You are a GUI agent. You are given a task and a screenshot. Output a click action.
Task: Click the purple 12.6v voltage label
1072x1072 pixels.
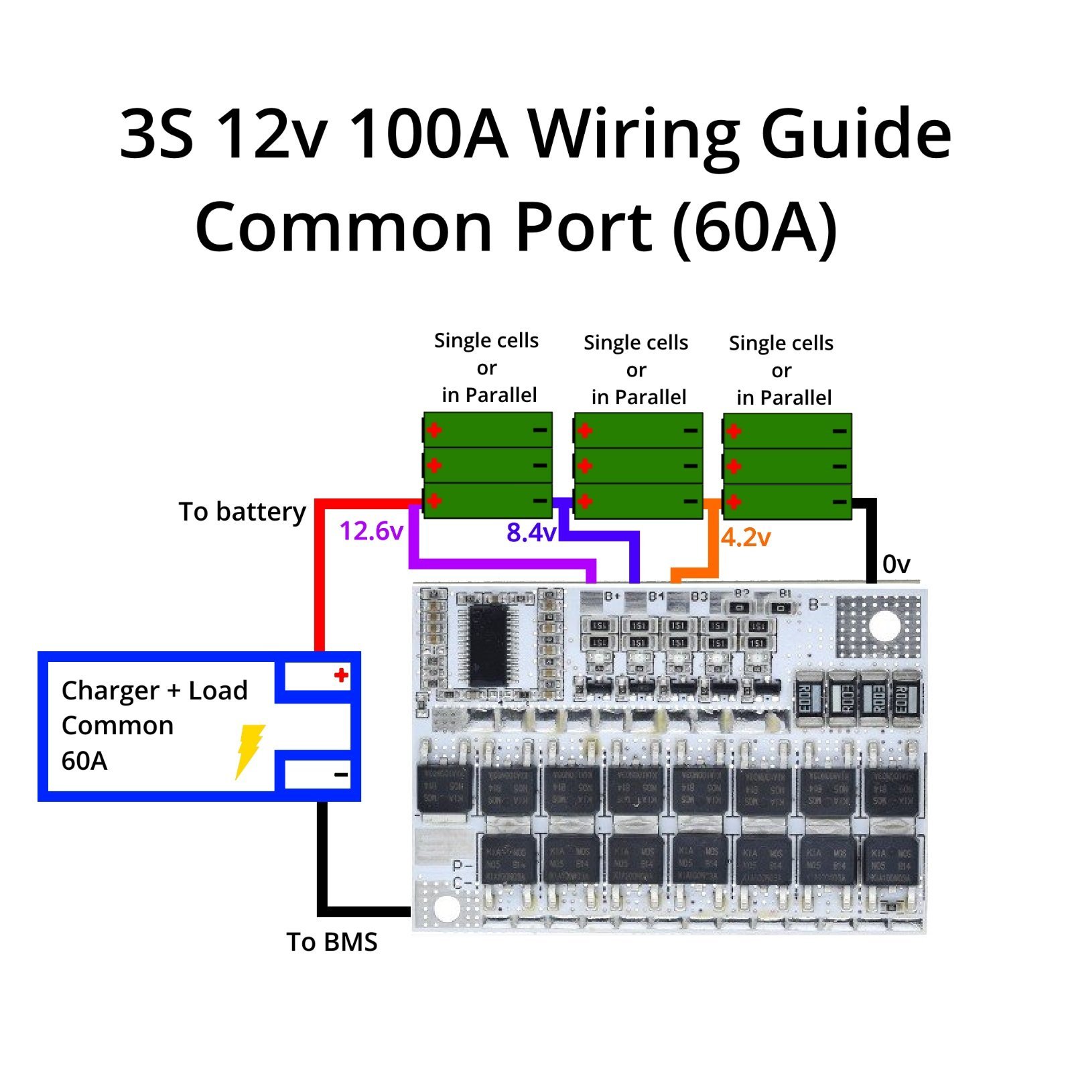click(x=371, y=531)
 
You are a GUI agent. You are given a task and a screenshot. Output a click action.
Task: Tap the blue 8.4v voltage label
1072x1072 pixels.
click(x=531, y=533)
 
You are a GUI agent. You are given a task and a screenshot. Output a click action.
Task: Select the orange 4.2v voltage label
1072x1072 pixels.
click(x=746, y=537)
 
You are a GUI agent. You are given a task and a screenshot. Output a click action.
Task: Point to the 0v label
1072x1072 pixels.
click(x=896, y=564)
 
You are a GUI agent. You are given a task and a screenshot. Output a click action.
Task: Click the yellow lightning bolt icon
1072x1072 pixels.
click(x=250, y=751)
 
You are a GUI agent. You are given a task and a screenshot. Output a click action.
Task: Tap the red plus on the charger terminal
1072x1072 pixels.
click(x=341, y=675)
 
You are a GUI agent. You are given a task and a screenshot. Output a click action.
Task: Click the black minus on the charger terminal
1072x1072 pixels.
click(x=341, y=775)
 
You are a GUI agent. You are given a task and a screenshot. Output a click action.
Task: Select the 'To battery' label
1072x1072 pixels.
click(x=242, y=512)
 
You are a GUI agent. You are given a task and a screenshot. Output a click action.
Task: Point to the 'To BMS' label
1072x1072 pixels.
click(x=332, y=942)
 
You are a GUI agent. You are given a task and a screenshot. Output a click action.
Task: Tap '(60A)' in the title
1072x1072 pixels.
click(x=755, y=228)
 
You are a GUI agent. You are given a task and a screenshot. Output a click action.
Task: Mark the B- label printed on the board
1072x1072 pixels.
click(x=818, y=605)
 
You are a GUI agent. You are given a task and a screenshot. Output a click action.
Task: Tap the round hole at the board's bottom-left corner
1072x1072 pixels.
click(x=447, y=908)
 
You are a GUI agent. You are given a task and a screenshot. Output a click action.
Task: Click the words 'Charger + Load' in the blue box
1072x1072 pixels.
click(x=154, y=691)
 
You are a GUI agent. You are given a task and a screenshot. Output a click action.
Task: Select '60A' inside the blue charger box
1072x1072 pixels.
click(x=84, y=761)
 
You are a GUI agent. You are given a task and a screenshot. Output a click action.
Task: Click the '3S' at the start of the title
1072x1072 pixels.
click(x=157, y=134)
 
